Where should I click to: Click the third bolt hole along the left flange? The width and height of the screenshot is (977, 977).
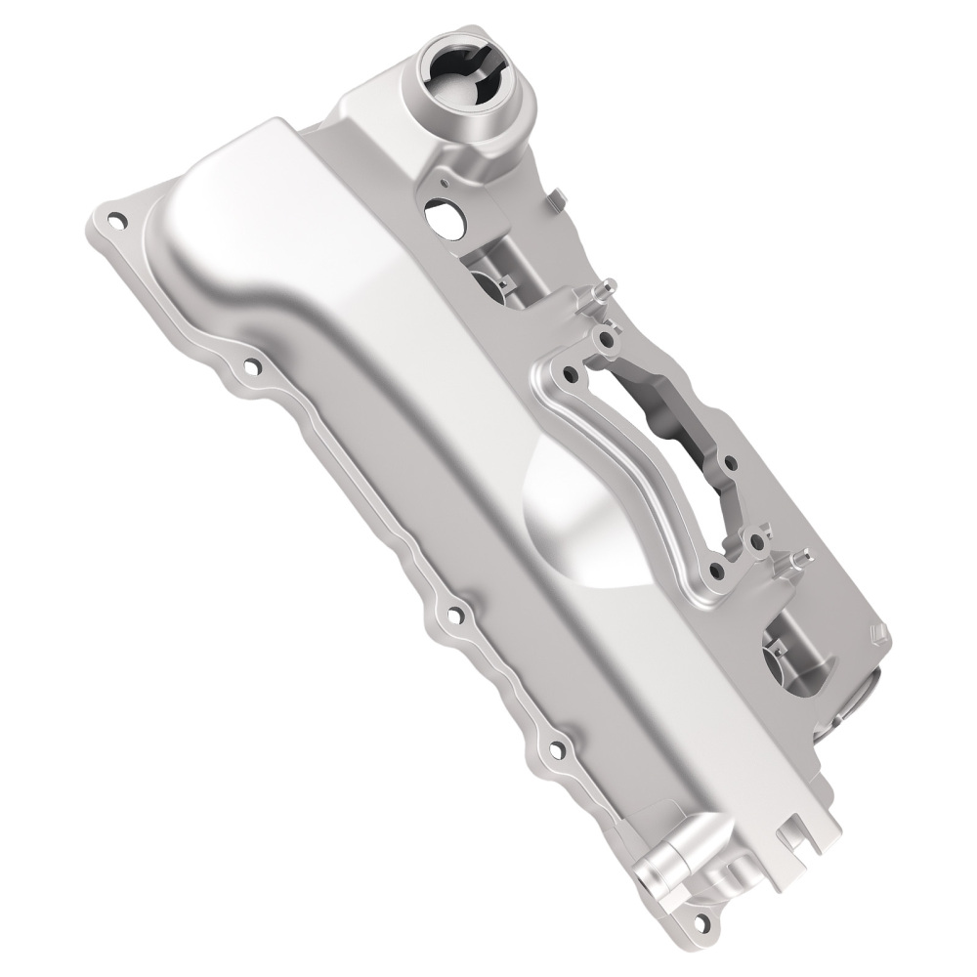tap(452, 616)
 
